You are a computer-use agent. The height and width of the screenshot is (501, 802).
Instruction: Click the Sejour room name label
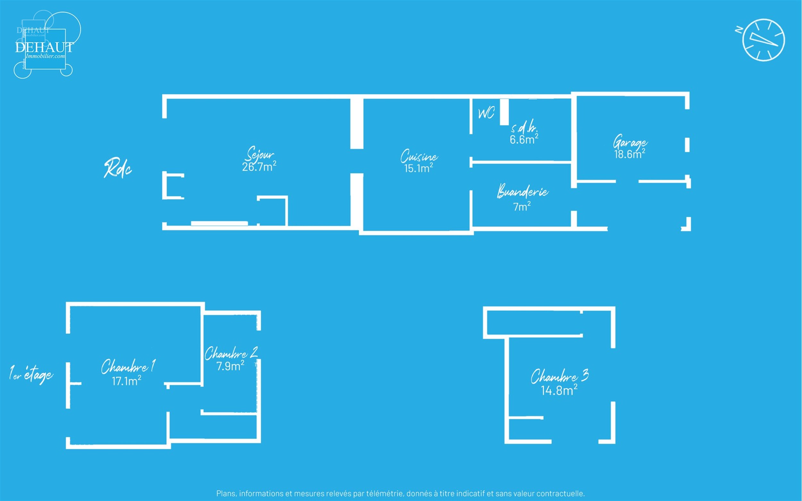pyautogui.click(x=260, y=154)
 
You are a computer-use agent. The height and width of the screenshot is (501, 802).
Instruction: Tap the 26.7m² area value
pyautogui.click(x=259, y=166)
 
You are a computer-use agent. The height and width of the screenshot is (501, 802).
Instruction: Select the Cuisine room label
pyautogui.click(x=419, y=156)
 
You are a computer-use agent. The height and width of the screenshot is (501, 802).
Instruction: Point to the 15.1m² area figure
pyautogui.click(x=418, y=168)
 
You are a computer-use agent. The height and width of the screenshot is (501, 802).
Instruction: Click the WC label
pyautogui.click(x=486, y=113)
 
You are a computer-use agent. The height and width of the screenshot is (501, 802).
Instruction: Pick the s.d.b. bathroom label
pyautogui.click(x=524, y=128)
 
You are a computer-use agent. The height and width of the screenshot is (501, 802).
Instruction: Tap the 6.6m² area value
pyautogui.click(x=524, y=139)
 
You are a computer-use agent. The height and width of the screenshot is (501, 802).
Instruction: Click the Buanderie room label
pyautogui.click(x=523, y=191)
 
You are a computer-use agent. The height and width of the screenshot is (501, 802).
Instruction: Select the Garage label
pyautogui.click(x=630, y=142)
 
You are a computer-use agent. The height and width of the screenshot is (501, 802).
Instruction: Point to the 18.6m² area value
pyautogui.click(x=630, y=154)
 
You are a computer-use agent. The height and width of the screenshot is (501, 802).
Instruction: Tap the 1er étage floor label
pyautogui.click(x=31, y=374)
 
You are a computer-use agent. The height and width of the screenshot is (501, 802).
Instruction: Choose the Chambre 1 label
pyautogui.click(x=128, y=367)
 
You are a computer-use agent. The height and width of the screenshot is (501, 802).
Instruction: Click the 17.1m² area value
pyautogui.click(x=126, y=381)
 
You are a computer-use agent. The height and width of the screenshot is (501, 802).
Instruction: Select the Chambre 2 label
pyautogui.click(x=231, y=354)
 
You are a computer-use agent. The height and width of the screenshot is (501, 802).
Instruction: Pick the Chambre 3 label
pyautogui.click(x=560, y=376)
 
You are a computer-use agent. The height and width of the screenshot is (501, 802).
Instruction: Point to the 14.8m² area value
pyautogui.click(x=559, y=390)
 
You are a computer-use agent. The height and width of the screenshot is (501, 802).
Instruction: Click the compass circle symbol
pyautogui.click(x=764, y=40)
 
